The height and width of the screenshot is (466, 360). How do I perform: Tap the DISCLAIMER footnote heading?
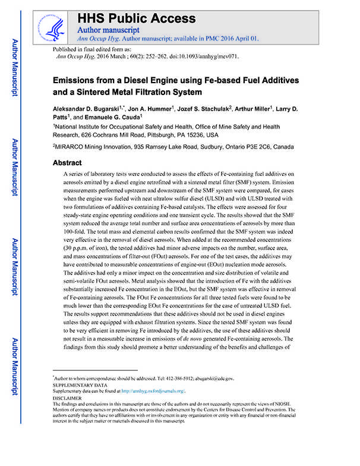69,398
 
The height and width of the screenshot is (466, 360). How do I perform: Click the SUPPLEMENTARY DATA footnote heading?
81,385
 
